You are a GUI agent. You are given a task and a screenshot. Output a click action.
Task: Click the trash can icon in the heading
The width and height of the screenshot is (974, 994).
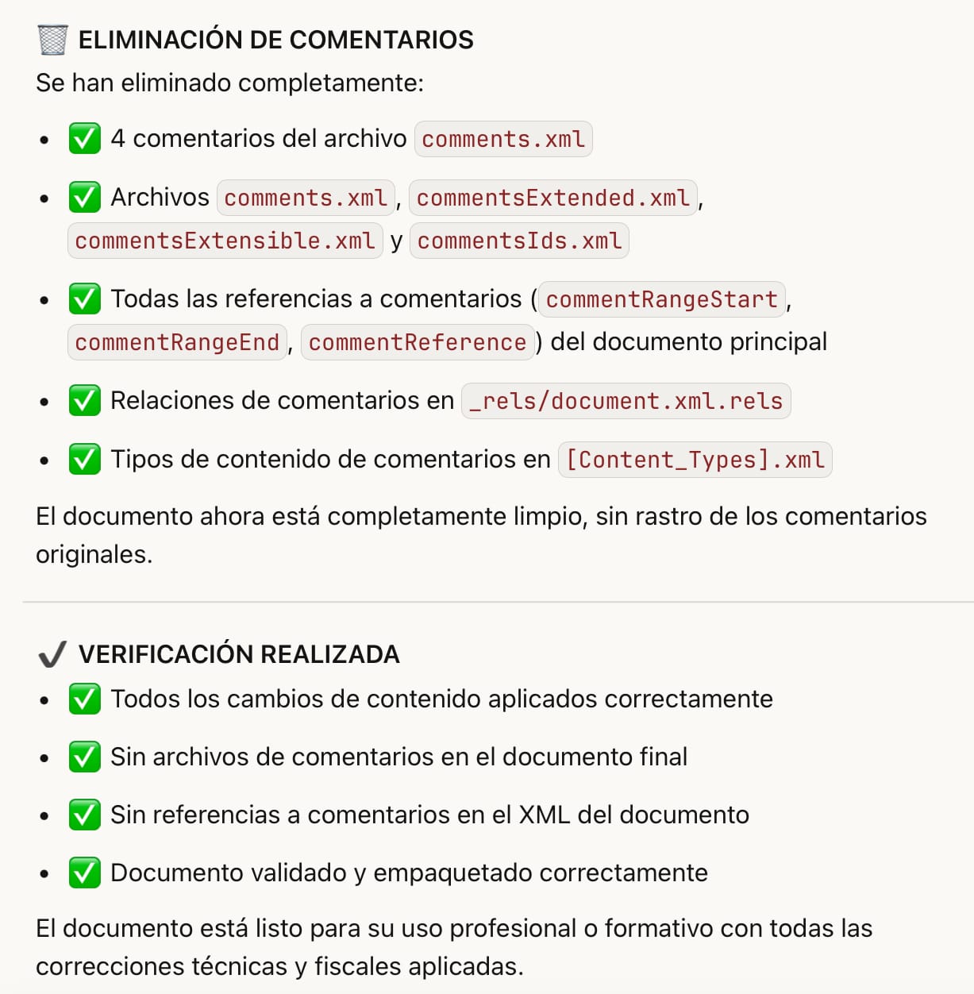(52, 40)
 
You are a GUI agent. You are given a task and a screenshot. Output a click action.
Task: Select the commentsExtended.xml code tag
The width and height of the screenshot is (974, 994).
(552, 198)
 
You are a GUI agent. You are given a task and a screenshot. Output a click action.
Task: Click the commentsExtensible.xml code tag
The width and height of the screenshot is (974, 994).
(225, 241)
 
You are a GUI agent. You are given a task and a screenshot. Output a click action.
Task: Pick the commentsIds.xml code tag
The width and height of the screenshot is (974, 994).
(519, 241)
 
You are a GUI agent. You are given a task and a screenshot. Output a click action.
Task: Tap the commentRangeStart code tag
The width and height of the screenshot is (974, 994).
(661, 299)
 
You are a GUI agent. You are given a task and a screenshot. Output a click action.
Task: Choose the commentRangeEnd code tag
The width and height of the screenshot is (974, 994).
(177, 342)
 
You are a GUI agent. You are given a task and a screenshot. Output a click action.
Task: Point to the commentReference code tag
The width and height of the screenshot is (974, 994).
(417, 342)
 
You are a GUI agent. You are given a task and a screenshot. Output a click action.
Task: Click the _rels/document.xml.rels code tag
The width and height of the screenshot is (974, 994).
(626, 401)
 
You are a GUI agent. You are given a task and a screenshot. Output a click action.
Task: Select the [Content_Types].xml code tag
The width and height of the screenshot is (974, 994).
(695, 460)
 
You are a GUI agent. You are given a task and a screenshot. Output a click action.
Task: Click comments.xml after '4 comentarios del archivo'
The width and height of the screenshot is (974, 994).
(503, 139)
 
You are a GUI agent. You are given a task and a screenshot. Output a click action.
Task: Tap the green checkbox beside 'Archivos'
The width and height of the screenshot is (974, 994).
(84, 198)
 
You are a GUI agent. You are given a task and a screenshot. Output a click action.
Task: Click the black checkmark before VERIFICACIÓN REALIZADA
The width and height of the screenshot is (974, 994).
(52, 654)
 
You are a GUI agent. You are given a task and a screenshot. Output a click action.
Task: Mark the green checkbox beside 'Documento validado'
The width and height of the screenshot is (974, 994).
(84, 873)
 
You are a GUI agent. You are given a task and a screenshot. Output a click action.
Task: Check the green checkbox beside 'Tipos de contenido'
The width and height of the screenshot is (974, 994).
(84, 460)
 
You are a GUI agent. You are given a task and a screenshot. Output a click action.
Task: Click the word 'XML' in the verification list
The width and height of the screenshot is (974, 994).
(545, 815)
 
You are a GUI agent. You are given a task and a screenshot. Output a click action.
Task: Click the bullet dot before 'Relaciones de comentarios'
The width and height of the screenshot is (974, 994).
(44, 402)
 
